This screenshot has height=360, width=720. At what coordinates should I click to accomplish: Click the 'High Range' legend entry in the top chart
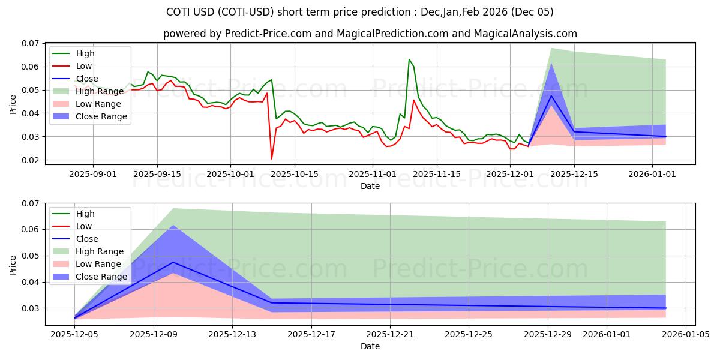point(100,91)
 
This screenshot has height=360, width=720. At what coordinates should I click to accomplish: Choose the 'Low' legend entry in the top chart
point(85,66)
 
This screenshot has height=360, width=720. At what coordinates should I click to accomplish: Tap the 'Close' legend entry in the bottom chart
point(87,239)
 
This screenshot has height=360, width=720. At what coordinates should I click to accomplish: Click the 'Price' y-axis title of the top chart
point(13,103)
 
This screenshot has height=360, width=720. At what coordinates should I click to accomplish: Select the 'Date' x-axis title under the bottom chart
point(370,346)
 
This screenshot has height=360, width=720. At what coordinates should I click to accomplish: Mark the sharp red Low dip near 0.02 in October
point(272,158)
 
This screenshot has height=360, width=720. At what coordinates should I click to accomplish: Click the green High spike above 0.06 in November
point(409,60)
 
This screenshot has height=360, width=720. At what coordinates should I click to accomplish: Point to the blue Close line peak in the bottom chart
point(173,262)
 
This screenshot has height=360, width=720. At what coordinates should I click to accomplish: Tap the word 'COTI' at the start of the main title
point(178,12)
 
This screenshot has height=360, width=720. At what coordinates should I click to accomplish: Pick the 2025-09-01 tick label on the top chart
point(93,174)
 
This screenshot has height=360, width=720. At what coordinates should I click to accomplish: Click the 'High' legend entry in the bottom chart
point(85,214)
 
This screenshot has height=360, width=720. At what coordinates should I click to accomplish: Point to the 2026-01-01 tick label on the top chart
point(653,174)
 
